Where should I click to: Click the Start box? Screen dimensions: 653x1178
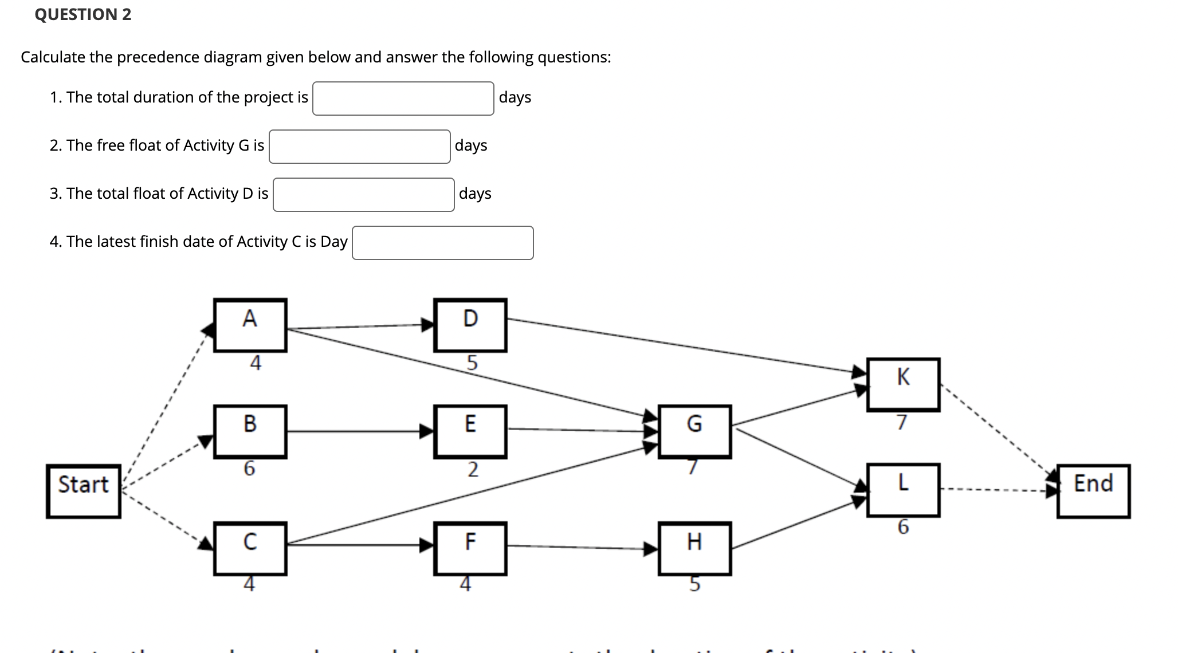[x=84, y=491]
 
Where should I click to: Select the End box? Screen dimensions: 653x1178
[x=1093, y=491]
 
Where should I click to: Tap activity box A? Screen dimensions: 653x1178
[x=250, y=325]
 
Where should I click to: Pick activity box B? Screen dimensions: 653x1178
[x=250, y=431]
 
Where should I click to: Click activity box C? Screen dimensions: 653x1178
[x=250, y=548]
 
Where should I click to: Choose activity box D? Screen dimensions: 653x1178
[x=470, y=325]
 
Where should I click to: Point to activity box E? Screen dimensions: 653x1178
[x=470, y=431]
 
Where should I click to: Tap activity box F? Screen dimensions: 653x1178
[x=470, y=548]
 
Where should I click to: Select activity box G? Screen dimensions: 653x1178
[x=694, y=431]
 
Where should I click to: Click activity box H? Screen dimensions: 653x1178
[x=694, y=548]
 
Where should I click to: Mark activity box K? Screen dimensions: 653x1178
[x=903, y=384]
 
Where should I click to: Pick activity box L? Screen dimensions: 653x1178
[x=903, y=490]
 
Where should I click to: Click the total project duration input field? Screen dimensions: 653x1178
[x=403, y=99]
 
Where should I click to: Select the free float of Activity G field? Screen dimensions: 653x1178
[x=359, y=147]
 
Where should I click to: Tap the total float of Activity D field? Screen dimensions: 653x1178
[x=363, y=195]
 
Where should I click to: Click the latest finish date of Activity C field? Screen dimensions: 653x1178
[x=442, y=243]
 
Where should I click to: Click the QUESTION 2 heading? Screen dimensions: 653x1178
[x=83, y=14]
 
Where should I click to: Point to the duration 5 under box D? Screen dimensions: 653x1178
[x=472, y=363]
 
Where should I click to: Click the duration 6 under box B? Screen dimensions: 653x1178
[x=249, y=469]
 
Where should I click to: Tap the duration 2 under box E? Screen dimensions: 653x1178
[x=472, y=470]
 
